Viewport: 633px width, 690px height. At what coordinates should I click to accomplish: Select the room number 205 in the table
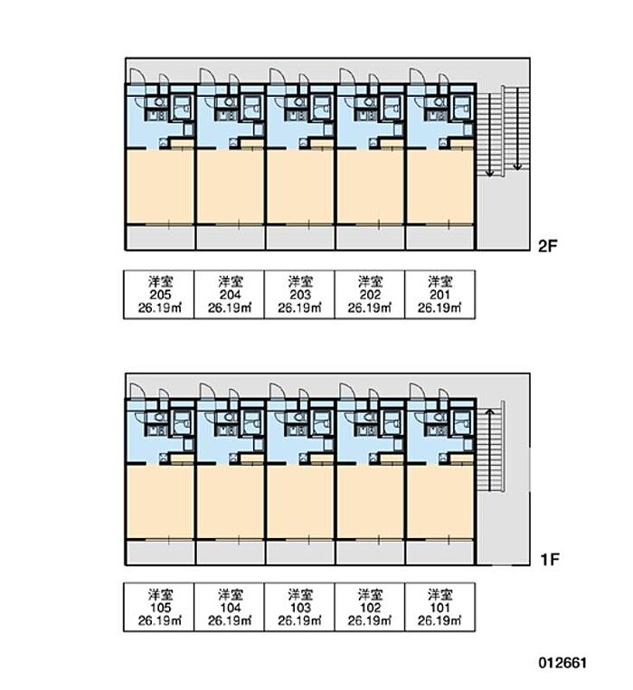click(x=159, y=294)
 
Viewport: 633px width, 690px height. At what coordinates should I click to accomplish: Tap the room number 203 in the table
click(x=299, y=294)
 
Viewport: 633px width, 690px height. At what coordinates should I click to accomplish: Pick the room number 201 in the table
click(x=440, y=294)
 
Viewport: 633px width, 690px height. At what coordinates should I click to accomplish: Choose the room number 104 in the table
click(x=230, y=609)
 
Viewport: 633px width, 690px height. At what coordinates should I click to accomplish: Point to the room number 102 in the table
click(x=370, y=609)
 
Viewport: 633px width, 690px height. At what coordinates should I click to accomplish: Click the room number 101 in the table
click(x=440, y=609)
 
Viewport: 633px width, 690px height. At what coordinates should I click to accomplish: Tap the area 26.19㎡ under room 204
click(x=230, y=307)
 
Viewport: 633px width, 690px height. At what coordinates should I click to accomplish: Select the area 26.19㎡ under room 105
click(x=159, y=622)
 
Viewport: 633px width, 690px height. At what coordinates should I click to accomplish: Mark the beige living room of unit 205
click(x=159, y=186)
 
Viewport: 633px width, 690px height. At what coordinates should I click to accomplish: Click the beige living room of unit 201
click(x=440, y=186)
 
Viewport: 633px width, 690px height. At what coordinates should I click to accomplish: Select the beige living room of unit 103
click(x=299, y=501)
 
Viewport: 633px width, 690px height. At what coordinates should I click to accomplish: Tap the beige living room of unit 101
click(x=440, y=501)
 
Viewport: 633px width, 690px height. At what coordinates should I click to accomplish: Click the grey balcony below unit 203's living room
click(x=299, y=237)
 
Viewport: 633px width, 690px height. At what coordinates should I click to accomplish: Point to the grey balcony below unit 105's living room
click(x=159, y=552)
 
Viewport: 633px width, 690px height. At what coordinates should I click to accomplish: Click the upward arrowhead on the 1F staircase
click(x=489, y=413)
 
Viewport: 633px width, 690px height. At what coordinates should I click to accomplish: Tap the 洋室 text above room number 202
click(x=370, y=280)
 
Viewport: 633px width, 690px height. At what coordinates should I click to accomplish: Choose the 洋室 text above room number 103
click(x=299, y=595)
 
